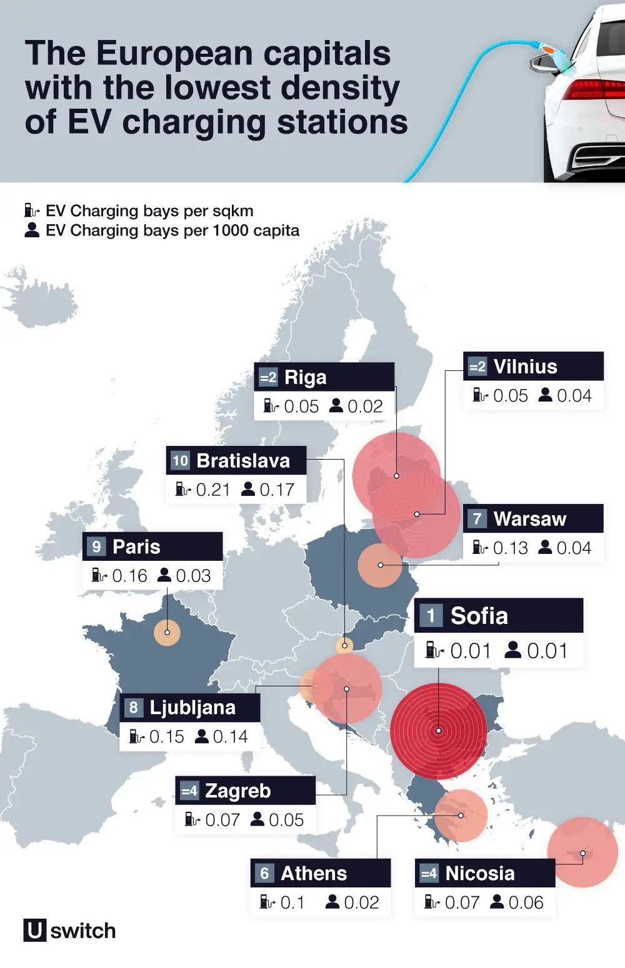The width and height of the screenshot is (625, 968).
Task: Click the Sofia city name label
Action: (x=479, y=616)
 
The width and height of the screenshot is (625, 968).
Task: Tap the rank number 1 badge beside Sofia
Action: (x=431, y=616)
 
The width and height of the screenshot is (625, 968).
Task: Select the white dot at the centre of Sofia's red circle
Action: (x=439, y=731)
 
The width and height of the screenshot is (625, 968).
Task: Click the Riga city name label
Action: (x=305, y=377)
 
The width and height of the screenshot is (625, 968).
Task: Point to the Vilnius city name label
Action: (x=525, y=367)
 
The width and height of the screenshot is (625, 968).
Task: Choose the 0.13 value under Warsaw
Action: (x=510, y=548)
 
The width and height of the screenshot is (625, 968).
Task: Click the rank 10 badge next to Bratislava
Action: (x=180, y=461)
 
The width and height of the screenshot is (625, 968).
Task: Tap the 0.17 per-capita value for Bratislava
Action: (x=276, y=490)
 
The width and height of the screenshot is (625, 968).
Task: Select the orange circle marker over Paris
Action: (x=167, y=633)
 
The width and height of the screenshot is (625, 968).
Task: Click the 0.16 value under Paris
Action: (x=129, y=576)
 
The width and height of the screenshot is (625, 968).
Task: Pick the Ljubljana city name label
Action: (x=192, y=708)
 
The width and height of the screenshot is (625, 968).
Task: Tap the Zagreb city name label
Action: (x=237, y=791)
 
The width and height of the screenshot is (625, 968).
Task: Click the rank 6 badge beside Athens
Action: (x=264, y=873)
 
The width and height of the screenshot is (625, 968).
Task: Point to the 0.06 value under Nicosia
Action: (x=526, y=902)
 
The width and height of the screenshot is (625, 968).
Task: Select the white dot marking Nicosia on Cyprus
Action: (x=582, y=853)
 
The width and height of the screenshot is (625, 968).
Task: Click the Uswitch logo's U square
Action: (x=34, y=930)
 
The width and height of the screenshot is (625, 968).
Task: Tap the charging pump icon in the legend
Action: (x=31, y=210)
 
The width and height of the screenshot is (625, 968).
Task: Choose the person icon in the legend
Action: (x=31, y=230)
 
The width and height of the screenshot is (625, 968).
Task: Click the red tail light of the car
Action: (x=594, y=89)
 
